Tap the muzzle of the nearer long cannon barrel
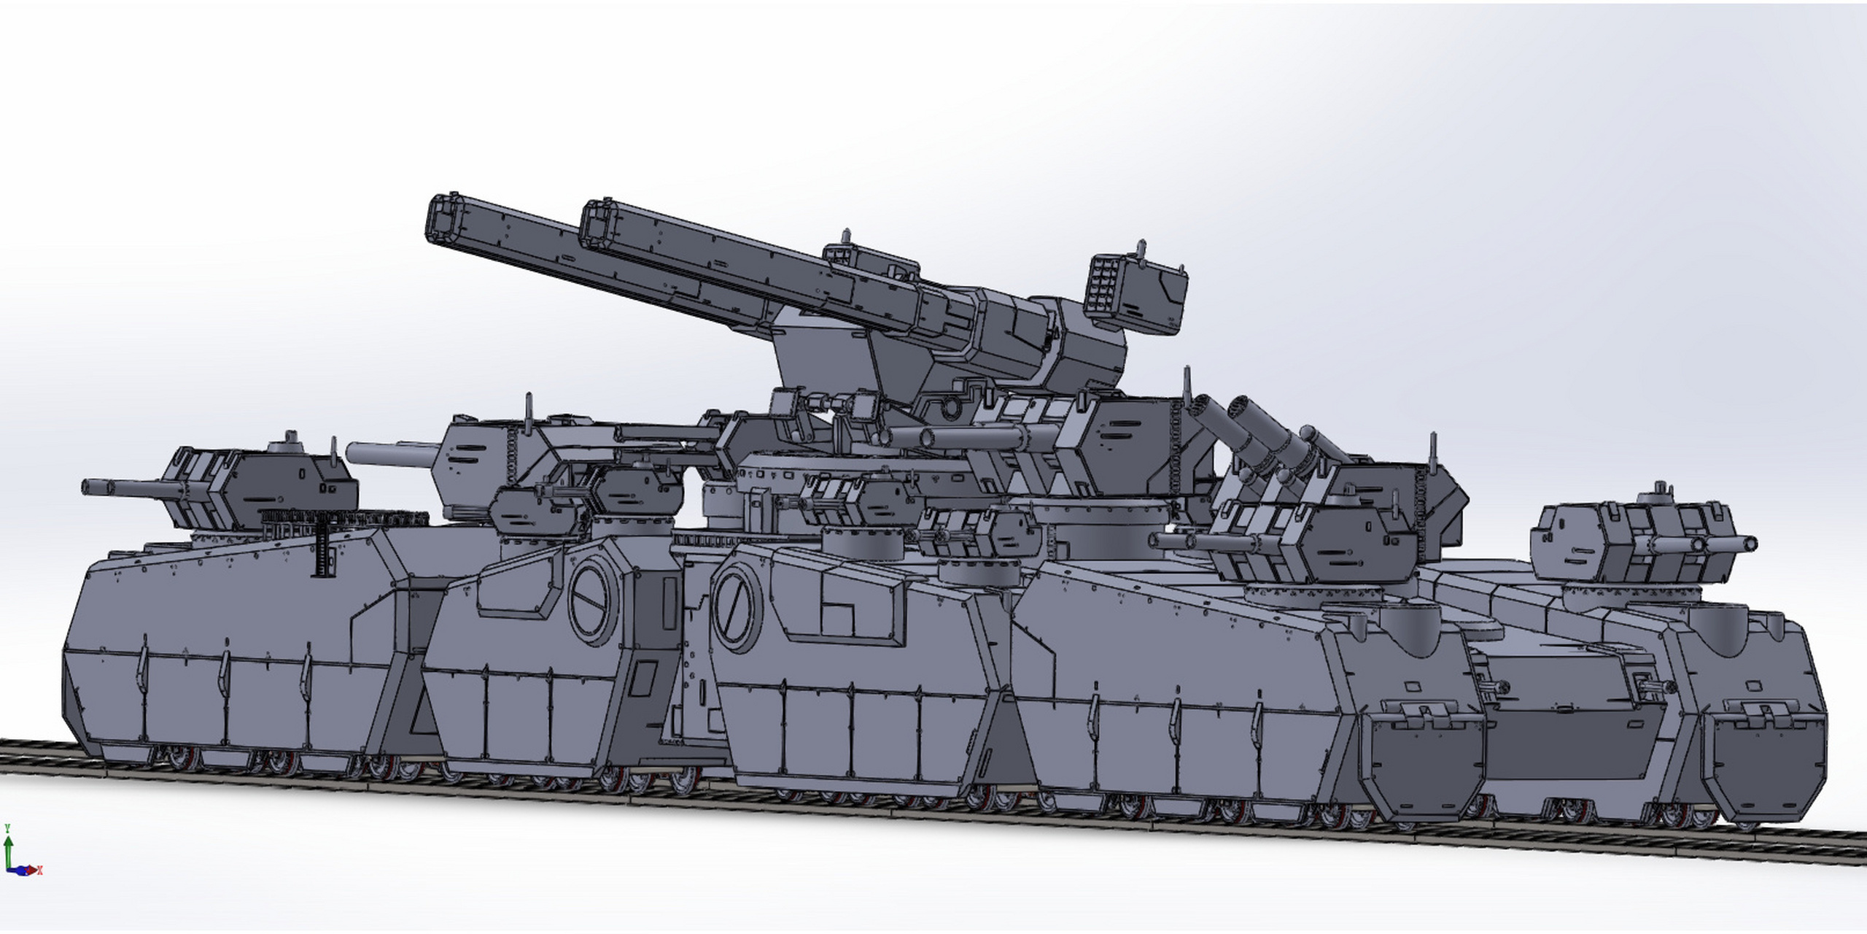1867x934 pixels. point(597,223)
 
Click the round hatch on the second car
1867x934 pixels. point(593,601)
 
